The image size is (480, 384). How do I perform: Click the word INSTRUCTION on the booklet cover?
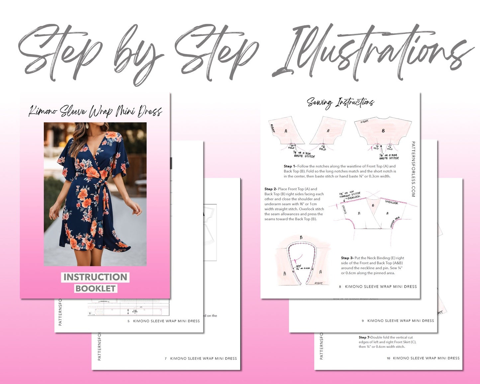[95, 277]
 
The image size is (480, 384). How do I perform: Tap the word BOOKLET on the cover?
[96, 288]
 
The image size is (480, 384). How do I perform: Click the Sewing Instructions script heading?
[340, 102]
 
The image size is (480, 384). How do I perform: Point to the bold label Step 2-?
[271, 189]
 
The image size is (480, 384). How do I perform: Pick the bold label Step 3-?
[347, 258]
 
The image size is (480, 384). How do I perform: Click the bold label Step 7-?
[364, 337]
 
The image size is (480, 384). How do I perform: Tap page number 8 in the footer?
[340, 287]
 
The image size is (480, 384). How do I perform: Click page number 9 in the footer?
[363, 321]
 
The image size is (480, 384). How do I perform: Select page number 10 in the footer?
[388, 358]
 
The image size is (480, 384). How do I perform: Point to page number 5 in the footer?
[129, 321]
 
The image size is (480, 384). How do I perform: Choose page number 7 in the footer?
[166, 359]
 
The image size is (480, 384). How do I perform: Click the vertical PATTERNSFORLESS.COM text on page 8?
[413, 169]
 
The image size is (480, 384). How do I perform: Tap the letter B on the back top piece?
[383, 131]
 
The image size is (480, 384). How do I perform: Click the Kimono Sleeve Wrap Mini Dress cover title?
[95, 111]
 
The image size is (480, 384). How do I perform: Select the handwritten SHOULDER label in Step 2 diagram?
[392, 202]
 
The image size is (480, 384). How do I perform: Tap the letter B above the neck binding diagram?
[301, 237]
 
